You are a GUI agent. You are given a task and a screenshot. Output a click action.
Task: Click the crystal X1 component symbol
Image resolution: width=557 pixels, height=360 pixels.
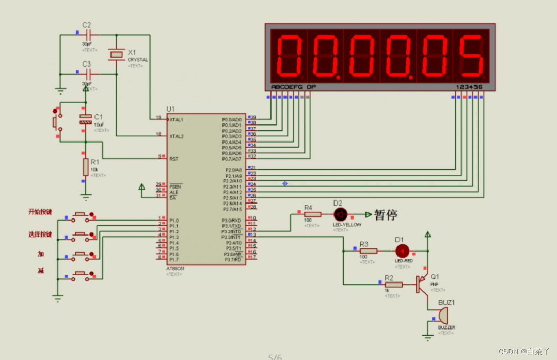[117, 54]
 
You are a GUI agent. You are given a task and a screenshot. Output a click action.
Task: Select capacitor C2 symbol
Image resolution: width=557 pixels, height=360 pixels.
[88, 35]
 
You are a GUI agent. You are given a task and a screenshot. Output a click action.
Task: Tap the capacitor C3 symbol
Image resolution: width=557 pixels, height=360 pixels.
[88, 74]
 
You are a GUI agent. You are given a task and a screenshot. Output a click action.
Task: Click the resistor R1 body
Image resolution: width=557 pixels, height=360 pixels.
[86, 167]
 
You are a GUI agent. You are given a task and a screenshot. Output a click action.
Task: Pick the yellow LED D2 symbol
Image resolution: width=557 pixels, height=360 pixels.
[340, 214]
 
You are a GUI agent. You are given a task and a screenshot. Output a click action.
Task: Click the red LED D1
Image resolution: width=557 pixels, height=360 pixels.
[402, 251]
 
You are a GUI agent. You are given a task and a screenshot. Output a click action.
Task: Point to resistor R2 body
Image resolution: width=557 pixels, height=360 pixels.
[393, 284]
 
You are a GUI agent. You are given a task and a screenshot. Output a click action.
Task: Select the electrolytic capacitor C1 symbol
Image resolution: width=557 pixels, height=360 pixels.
[85, 119]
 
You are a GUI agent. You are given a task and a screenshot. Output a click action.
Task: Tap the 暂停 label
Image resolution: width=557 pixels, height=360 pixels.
[386, 214]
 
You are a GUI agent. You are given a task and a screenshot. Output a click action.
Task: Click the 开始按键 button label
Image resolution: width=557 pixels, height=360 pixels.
[40, 212]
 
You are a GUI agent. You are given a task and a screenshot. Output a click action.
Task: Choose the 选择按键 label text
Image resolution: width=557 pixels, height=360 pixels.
[40, 234]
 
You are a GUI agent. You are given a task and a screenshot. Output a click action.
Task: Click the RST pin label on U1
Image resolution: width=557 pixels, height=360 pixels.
[174, 159]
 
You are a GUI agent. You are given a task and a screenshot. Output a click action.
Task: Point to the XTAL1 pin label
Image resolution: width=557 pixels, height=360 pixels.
[177, 119]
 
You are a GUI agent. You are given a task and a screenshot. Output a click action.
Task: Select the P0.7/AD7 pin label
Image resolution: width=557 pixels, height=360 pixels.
[232, 159]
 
